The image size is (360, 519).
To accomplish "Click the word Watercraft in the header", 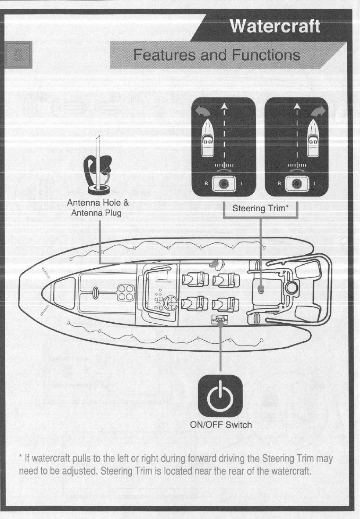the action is (x=275, y=27).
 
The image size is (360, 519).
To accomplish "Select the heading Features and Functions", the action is (x=217, y=55).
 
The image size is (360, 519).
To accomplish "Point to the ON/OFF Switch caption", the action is (x=221, y=425).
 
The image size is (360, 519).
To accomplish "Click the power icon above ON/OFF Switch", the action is (x=220, y=397).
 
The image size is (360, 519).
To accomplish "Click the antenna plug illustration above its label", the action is (x=99, y=168).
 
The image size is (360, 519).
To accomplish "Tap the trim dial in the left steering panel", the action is (x=224, y=184).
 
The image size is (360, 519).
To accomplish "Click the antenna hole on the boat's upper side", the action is (x=215, y=263).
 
